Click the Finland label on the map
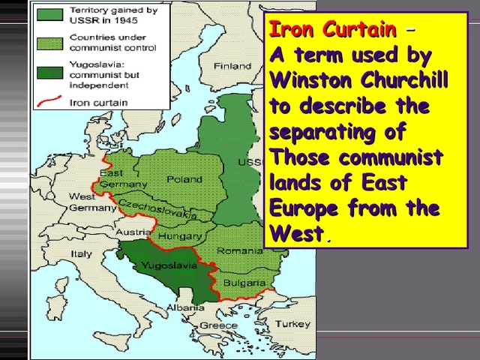tap(232, 66)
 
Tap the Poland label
tap(184, 179)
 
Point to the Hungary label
tap(175, 236)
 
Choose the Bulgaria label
tap(244, 283)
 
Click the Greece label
tap(218, 325)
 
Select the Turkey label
tap(292, 324)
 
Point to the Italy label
tap(82, 253)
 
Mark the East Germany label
tap(112, 178)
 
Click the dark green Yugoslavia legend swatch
tap(50, 73)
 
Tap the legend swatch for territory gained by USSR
tap(50, 14)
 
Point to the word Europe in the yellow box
tap(307, 208)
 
